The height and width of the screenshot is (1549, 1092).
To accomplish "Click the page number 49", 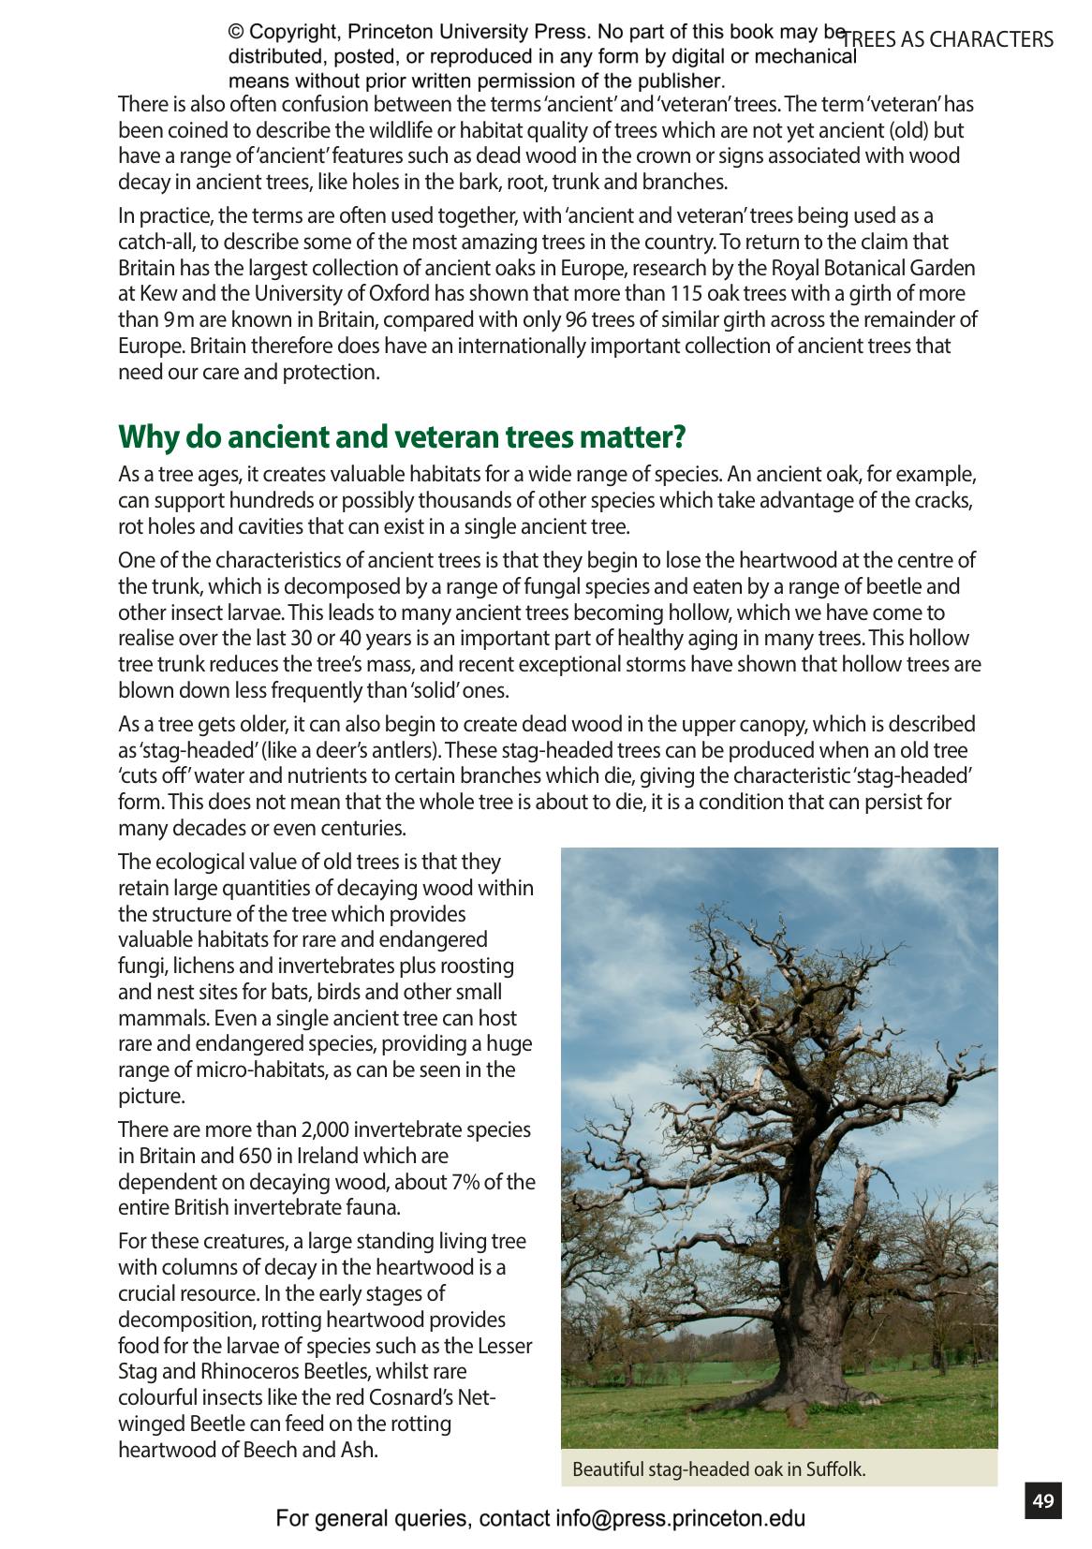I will (1043, 1501).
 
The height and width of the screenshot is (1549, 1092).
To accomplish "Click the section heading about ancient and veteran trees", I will (402, 436).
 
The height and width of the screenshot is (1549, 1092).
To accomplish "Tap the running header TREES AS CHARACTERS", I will (948, 39).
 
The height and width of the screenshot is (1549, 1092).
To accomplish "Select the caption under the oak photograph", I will (718, 1469).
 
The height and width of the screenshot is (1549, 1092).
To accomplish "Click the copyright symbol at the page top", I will (236, 33).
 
